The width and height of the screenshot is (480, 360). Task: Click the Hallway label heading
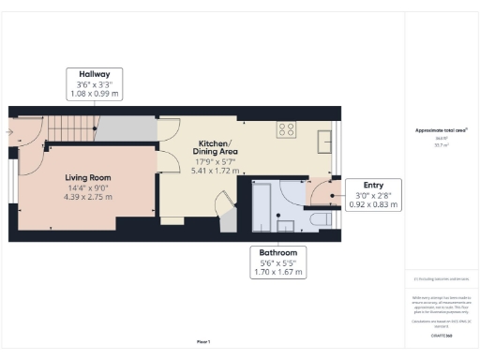pyautogui.click(x=94, y=74)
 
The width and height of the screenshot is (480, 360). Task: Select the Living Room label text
pyautogui.click(x=88, y=177)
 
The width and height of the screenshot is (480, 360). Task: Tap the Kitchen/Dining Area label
pyautogui.click(x=216, y=145)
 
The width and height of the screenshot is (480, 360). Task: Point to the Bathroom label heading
pyautogui.click(x=278, y=253)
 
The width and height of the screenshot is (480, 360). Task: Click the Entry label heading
pyautogui.click(x=359, y=186)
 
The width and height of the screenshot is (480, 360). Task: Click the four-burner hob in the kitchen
pyautogui.click(x=286, y=131)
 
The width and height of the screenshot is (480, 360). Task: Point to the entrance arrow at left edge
pyautogui.click(x=8, y=132)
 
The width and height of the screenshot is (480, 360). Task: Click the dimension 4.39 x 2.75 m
pyautogui.click(x=88, y=198)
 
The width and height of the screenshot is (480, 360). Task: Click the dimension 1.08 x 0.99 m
pyautogui.click(x=94, y=95)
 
